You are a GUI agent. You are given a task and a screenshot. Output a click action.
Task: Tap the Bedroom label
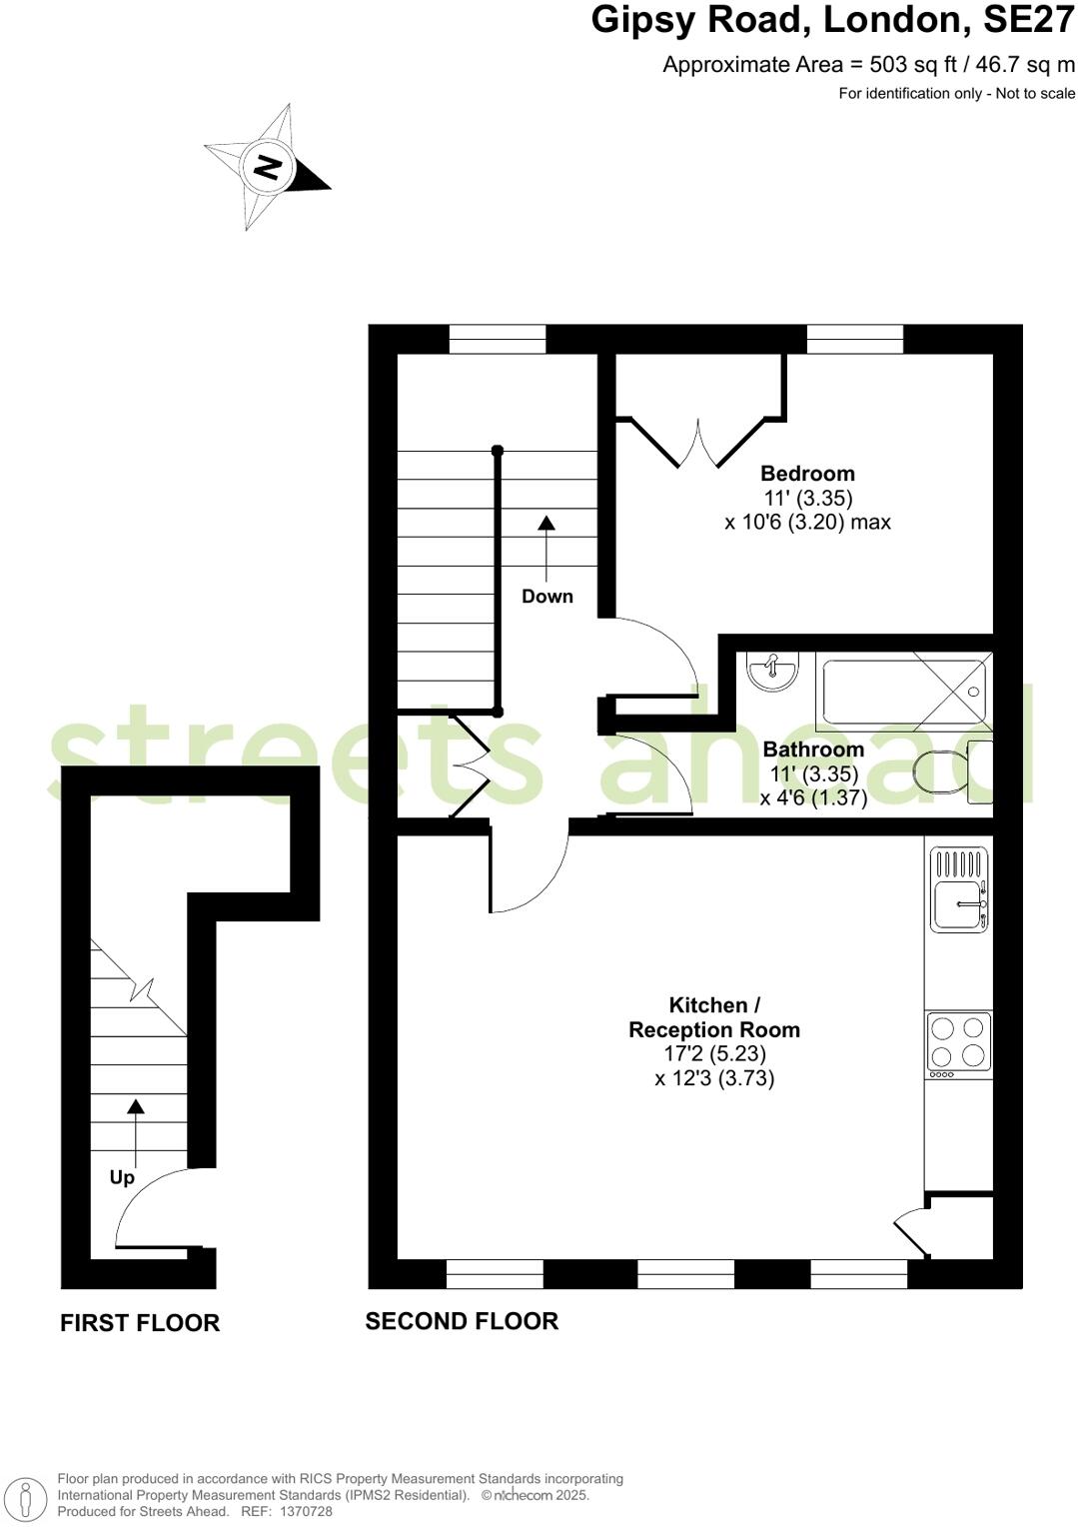[x=807, y=474]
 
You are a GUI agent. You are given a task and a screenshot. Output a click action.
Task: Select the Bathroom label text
[x=813, y=750]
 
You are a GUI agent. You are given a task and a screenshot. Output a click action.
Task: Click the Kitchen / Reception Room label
[x=713, y=1017]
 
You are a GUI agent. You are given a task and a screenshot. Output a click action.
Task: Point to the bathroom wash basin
[x=773, y=672]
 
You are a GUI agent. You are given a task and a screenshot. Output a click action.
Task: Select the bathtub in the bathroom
[x=904, y=691]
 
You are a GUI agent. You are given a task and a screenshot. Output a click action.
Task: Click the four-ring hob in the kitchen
[x=958, y=1043]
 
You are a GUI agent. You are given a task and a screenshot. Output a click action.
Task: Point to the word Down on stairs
[x=547, y=597]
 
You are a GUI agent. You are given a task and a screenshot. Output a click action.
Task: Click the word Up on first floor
[x=122, y=1178]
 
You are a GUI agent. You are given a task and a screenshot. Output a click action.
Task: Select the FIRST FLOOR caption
[x=140, y=1323]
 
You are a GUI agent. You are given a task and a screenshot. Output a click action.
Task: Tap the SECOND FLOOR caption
[x=462, y=1321]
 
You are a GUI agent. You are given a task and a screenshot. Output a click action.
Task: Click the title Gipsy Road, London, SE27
[x=832, y=20]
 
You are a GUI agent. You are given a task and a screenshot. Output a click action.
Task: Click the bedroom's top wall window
[x=855, y=340]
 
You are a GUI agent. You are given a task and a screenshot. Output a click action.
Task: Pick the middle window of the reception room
[x=685, y=1274]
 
